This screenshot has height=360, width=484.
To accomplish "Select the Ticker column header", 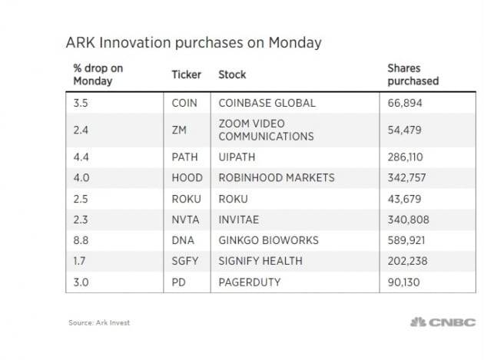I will click(187, 74).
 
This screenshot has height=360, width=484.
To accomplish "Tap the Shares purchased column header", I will click(413, 74).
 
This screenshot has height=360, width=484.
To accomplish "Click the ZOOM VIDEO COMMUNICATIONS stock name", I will click(266, 130).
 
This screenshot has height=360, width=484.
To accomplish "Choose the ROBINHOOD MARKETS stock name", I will click(277, 177).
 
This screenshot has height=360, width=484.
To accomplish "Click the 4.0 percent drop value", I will click(82, 177).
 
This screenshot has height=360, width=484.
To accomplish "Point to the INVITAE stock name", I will click(243, 219).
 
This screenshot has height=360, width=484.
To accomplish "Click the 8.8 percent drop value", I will click(82, 240).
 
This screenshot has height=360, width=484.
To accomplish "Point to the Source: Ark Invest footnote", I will click(99, 322).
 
